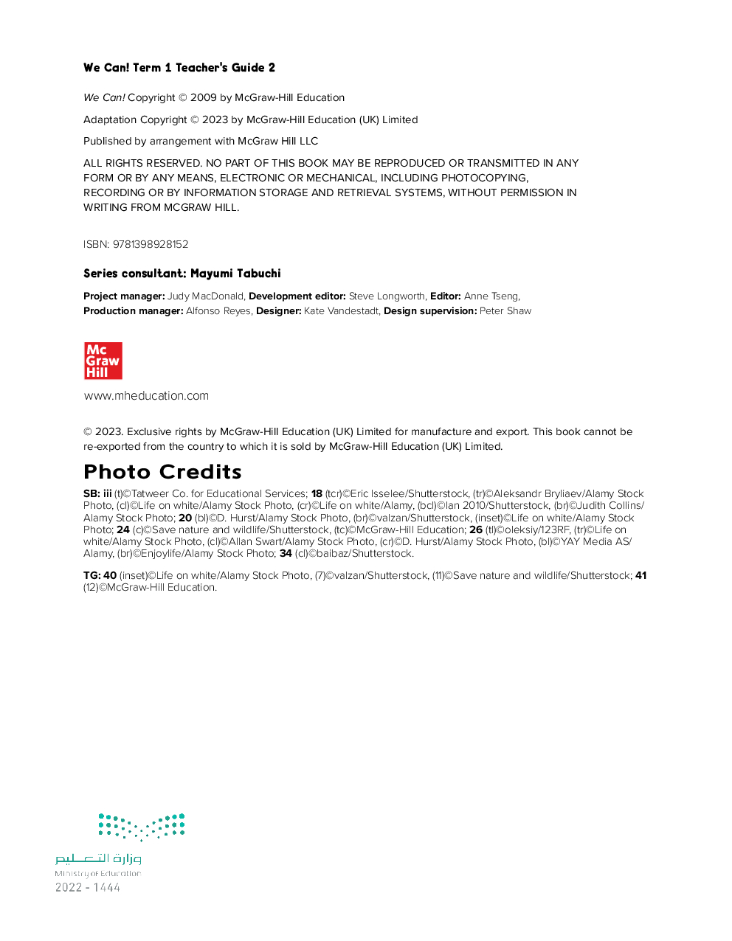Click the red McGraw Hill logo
tap(103, 361)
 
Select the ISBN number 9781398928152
tap(151, 244)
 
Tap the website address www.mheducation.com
tap(146, 396)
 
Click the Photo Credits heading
tap(162, 472)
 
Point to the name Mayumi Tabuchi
tap(235, 274)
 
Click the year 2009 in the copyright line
tap(203, 97)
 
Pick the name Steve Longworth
tap(387, 296)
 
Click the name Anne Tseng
tap(491, 296)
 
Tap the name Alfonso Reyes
tap(218, 311)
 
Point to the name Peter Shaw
tap(505, 311)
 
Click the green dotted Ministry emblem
tap(142, 827)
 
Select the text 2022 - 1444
tap(88, 888)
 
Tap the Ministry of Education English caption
tap(97, 874)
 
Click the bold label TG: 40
tap(100, 575)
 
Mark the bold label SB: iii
tap(97, 493)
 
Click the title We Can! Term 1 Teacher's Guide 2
tap(179, 68)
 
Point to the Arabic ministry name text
tap(98, 858)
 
